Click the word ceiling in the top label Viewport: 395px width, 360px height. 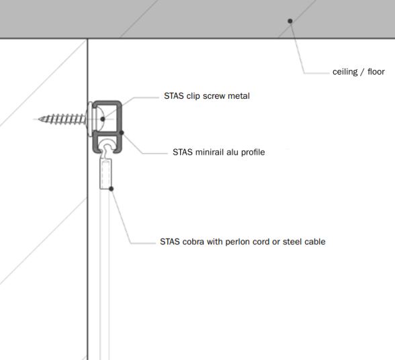coord(345,72)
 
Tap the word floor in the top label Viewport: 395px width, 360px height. coord(376,72)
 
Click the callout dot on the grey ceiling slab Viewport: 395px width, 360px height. coord(290,21)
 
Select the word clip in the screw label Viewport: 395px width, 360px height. coord(193,96)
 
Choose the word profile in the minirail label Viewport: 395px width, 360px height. coord(253,152)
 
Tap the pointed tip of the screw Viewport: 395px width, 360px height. coord(39,119)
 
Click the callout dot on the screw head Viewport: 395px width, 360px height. coord(103,119)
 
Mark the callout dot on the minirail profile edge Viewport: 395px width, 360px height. coord(122,132)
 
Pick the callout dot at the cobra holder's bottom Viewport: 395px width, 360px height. coord(111,189)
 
